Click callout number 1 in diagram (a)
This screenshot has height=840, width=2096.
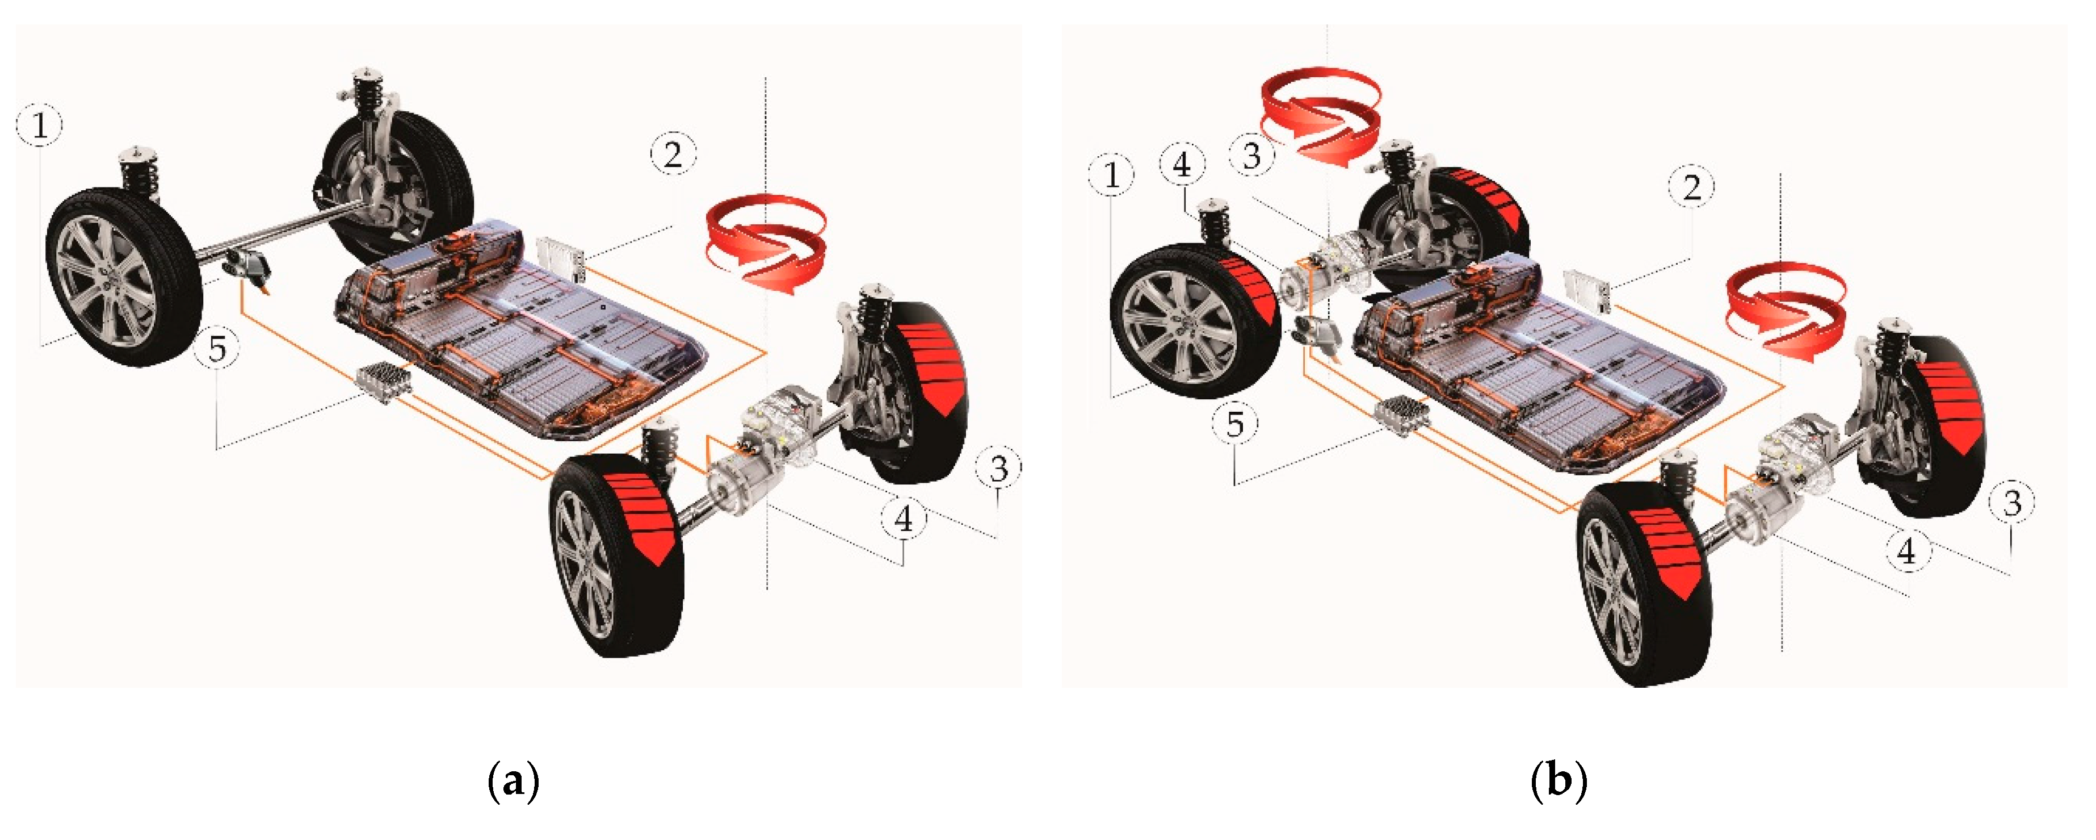pyautogui.click(x=39, y=126)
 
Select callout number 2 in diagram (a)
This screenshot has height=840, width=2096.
pyautogui.click(x=673, y=154)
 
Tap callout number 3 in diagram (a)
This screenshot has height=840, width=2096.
pyautogui.click(x=998, y=467)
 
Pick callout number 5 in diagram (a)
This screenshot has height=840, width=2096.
pyautogui.click(x=217, y=348)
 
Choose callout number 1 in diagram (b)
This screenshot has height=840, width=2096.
pyautogui.click(x=1111, y=175)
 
